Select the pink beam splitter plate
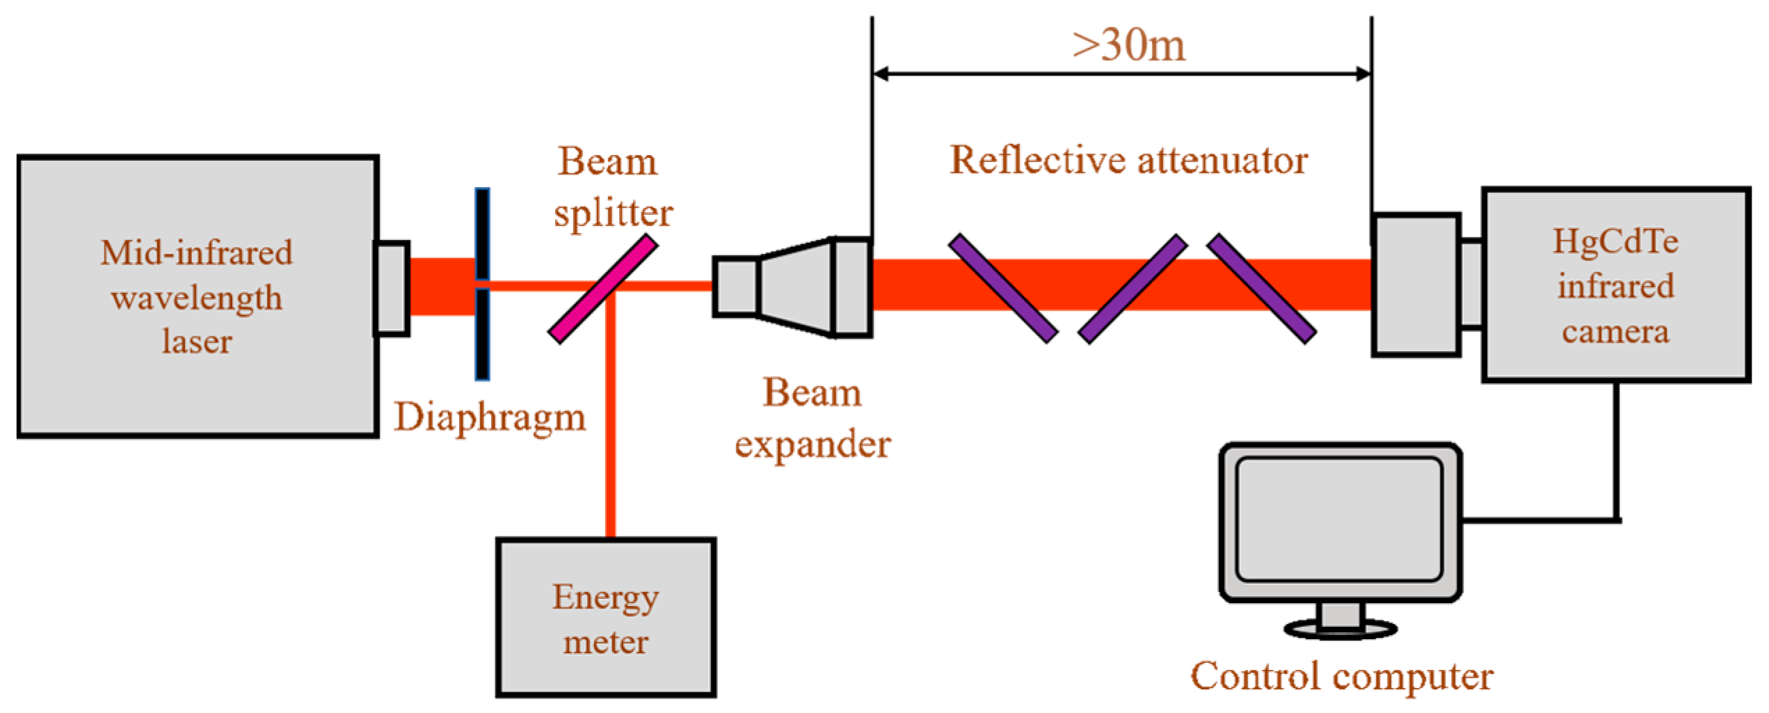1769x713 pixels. [x=602, y=289]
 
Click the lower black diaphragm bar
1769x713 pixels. [x=482, y=335]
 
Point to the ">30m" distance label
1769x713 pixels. [x=1128, y=46]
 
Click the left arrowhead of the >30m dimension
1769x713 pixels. [x=881, y=73]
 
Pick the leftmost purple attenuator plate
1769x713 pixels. [x=1003, y=289]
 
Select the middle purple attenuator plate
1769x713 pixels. [x=1132, y=289]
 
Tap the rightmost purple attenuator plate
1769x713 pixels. [x=1261, y=289]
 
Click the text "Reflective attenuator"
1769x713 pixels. [x=1128, y=160]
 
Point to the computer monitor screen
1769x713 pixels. [x=1339, y=519]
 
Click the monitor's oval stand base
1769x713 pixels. [x=1340, y=630]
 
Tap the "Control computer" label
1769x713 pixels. [x=1341, y=676]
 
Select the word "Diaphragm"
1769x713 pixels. [x=490, y=417]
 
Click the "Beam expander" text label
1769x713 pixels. [x=813, y=418]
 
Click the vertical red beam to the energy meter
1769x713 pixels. [x=610, y=431]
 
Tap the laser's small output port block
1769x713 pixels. [x=392, y=289]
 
